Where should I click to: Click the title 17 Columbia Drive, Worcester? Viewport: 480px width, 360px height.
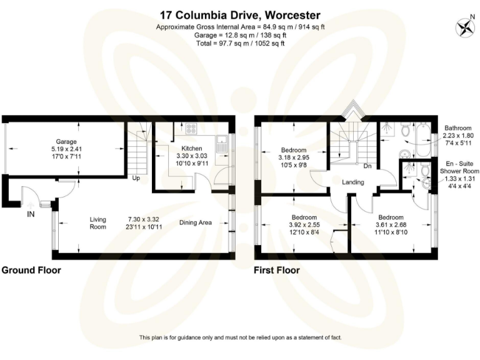click(239, 15)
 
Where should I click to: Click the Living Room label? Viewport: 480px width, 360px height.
click(98, 223)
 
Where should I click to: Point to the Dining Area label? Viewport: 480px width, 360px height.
click(196, 222)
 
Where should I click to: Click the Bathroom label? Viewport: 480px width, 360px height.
click(459, 127)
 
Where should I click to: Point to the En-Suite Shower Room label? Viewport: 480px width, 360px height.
click(459, 166)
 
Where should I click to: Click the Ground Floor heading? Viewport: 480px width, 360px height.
click(31, 271)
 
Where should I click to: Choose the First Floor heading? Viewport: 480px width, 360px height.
click(276, 271)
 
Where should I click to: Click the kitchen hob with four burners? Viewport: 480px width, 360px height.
click(190, 131)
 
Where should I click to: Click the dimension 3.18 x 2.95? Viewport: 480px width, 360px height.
click(293, 157)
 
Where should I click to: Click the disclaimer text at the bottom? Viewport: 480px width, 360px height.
click(240, 337)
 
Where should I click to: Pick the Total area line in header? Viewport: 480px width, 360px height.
click(240, 43)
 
